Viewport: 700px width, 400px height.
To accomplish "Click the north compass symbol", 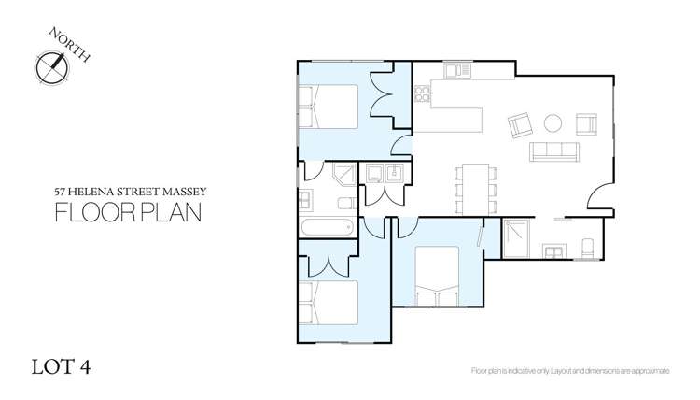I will tap(51, 66).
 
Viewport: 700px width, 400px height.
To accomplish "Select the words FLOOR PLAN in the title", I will tap(129, 212).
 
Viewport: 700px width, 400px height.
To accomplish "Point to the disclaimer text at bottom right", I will tap(570, 371).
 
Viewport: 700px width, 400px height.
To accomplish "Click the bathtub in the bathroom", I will tap(326, 227).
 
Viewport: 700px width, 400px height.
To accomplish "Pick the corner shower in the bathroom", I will tap(343, 175).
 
